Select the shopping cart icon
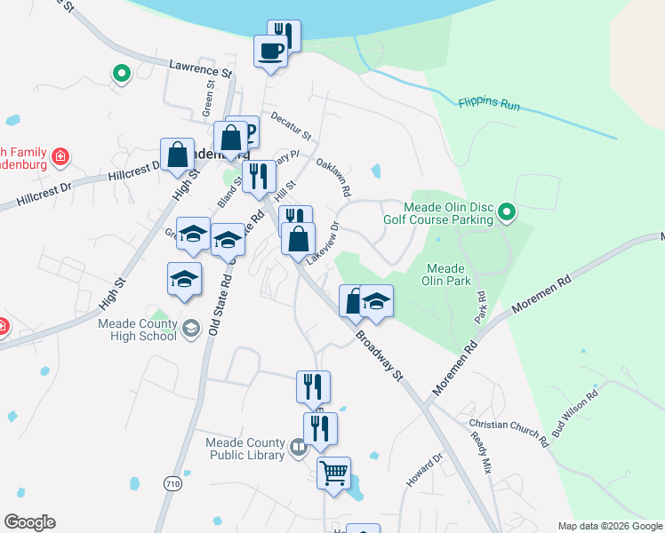[333, 472]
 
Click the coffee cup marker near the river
[270, 51]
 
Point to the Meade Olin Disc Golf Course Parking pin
[507, 211]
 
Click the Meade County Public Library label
[244, 449]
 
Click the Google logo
[29, 522]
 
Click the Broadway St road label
[380, 354]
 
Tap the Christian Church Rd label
[509, 430]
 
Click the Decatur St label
[291, 125]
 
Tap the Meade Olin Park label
[446, 274]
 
